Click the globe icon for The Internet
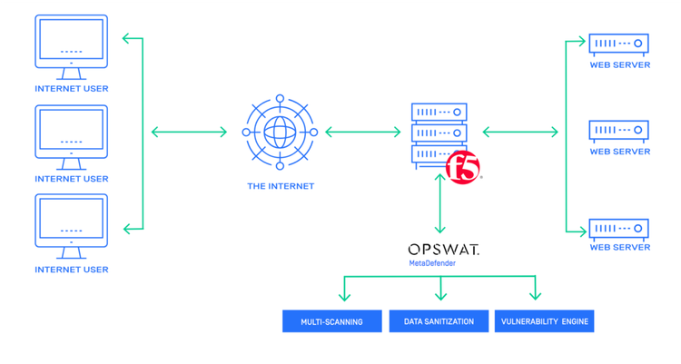(280, 133)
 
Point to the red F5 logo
(463, 167)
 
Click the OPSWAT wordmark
(443, 249)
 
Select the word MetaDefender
(432, 263)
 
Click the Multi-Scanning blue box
(331, 321)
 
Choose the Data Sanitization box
(439, 321)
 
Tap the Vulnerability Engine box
(545, 321)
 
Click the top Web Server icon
(619, 44)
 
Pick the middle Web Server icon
(619, 131)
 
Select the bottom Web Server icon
(619, 226)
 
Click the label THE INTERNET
(281, 186)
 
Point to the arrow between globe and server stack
(362, 133)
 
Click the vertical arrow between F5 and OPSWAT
(440, 204)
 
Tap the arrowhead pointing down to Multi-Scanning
(343, 295)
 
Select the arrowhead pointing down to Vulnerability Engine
(535, 295)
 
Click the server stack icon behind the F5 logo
(439, 133)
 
